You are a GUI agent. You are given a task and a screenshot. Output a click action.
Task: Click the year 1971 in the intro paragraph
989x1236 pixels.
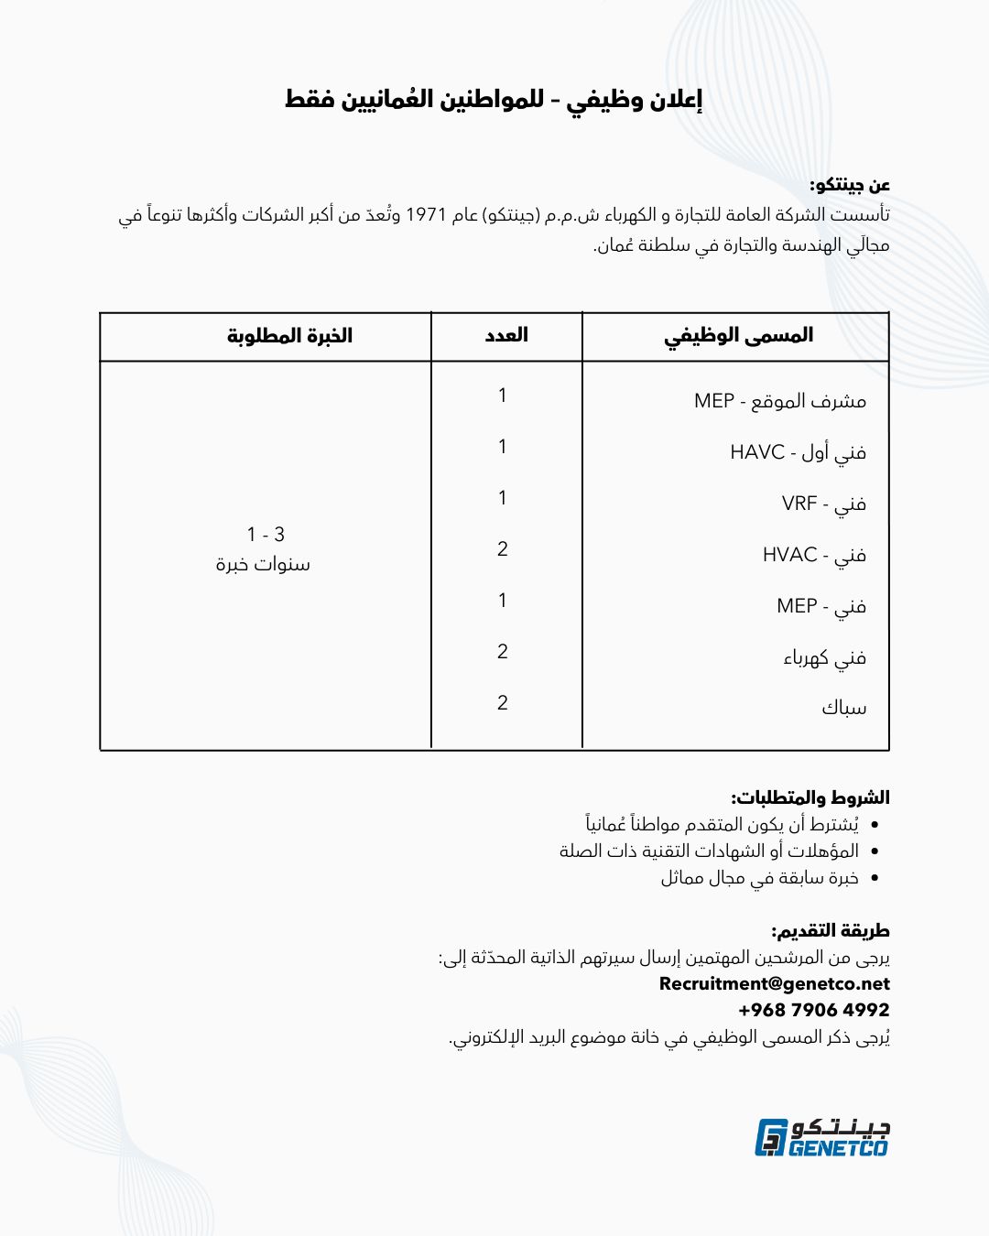(x=425, y=215)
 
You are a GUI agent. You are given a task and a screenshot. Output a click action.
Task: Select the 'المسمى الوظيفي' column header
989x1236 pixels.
(x=738, y=336)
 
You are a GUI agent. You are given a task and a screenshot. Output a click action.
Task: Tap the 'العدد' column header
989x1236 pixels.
(x=506, y=335)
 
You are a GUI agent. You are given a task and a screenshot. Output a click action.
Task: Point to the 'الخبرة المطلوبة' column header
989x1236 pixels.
(x=289, y=336)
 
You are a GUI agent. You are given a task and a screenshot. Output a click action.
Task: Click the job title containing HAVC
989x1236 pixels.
(x=798, y=452)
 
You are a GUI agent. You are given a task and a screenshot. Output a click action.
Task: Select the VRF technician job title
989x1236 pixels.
(x=823, y=504)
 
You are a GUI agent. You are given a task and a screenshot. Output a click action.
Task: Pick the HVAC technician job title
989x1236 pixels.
(x=814, y=555)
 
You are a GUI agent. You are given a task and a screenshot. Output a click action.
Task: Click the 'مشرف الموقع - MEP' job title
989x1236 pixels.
(x=779, y=401)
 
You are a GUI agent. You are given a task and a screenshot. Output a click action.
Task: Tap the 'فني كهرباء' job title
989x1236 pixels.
(x=824, y=657)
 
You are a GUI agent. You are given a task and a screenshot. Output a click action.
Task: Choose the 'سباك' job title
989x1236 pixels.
(x=843, y=708)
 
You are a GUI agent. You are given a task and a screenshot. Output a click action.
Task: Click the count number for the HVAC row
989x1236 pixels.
(x=503, y=549)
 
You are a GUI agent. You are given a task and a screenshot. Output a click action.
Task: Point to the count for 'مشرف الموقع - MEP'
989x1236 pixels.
(x=503, y=396)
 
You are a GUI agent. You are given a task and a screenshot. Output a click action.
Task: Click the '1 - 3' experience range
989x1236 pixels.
(x=266, y=535)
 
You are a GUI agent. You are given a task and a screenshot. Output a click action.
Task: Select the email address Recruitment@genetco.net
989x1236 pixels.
(x=774, y=984)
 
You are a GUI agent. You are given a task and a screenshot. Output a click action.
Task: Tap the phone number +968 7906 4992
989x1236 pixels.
(x=813, y=1010)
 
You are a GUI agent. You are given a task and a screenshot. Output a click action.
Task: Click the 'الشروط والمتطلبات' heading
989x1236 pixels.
(x=810, y=797)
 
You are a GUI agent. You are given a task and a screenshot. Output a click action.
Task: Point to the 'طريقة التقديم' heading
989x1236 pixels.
(x=830, y=931)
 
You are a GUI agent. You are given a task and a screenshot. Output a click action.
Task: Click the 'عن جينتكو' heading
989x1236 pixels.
(x=849, y=186)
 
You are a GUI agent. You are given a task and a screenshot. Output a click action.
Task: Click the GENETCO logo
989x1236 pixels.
(x=821, y=1137)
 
